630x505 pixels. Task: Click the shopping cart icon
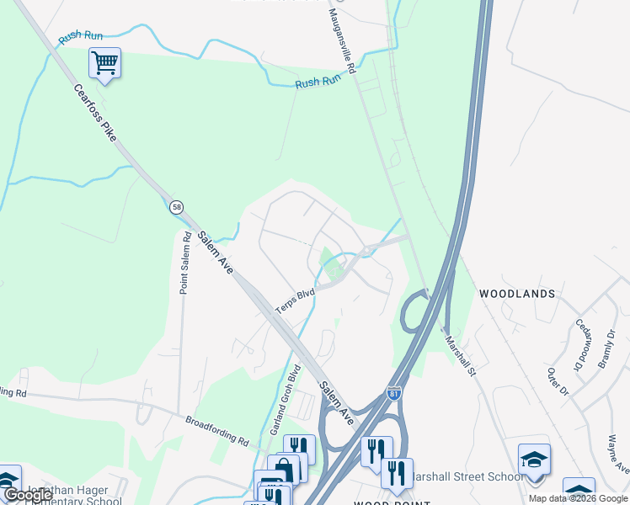104,62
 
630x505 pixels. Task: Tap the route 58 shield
176,207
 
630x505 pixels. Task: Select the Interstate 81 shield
394,393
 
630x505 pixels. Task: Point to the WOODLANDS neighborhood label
517,294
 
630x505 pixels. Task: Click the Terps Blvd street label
294,300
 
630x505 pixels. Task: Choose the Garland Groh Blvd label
286,388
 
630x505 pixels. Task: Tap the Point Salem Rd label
184,263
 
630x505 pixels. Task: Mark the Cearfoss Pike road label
93,112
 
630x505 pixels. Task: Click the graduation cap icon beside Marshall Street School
534,460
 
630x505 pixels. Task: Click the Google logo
27,495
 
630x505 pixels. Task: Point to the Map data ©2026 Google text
578,498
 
